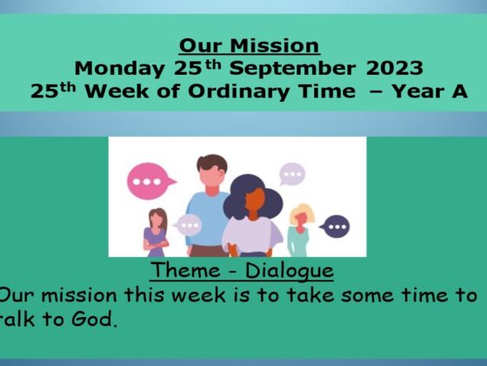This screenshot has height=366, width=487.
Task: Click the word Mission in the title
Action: [275, 45]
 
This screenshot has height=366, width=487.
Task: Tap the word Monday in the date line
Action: [120, 69]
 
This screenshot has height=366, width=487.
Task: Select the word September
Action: [292, 69]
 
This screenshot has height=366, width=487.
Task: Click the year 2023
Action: [395, 68]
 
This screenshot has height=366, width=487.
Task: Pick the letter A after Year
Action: [460, 91]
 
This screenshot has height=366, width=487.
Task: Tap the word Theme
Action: [186, 270]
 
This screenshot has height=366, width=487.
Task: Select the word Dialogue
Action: [290, 271]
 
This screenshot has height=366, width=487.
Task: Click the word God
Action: [94, 319]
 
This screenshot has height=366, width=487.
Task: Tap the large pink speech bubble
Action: [150, 181]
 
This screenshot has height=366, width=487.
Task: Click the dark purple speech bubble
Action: [336, 227]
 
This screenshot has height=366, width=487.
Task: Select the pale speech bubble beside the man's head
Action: [292, 173]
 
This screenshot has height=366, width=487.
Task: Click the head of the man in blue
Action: [212, 173]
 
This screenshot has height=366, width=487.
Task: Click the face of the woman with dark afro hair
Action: [255, 200]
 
